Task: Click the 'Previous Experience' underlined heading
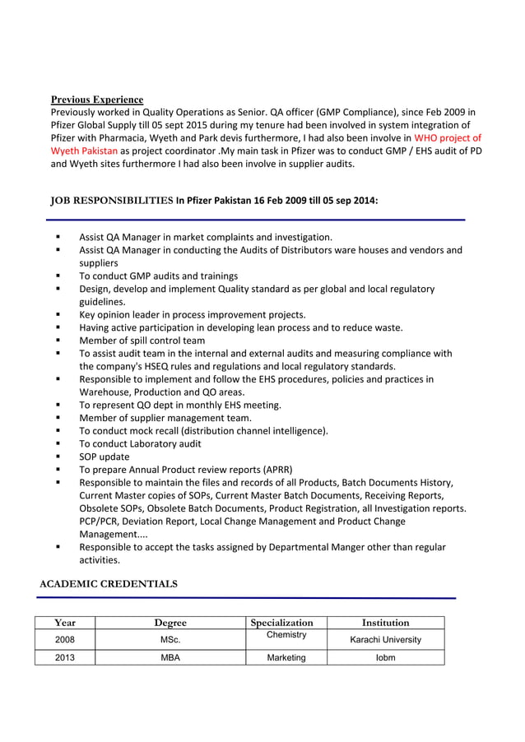tap(97, 100)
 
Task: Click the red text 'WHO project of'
tap(448, 138)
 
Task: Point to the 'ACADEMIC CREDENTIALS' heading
tap(109, 583)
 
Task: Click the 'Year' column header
tap(65, 623)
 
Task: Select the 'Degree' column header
tap(170, 623)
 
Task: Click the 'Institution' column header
tap(385, 623)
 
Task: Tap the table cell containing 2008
tap(65, 639)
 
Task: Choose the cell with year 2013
tap(65, 657)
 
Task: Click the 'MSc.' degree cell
tap(170, 639)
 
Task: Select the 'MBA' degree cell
tap(170, 657)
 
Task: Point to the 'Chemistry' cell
tap(286, 635)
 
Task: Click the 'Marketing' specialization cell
tap(286, 657)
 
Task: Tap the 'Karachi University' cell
tap(385, 639)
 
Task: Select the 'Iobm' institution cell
tap(385, 657)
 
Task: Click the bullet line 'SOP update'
tap(105, 457)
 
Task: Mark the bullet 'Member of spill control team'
tap(142, 340)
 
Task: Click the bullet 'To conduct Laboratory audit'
tap(140, 443)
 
